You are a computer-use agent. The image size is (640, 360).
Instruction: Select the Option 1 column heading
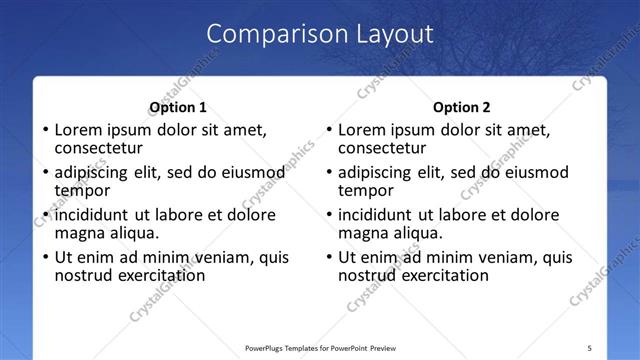[178, 107]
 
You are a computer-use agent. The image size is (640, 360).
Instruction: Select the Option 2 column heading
[461, 107]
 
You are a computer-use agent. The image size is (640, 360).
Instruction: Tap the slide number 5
[590, 347]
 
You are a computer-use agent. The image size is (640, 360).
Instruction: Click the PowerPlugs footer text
[320, 347]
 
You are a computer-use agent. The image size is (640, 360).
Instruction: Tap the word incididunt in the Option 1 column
[92, 215]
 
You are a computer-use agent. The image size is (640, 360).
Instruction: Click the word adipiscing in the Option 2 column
[375, 172]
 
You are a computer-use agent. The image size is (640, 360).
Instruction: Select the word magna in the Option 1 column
[80, 233]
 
